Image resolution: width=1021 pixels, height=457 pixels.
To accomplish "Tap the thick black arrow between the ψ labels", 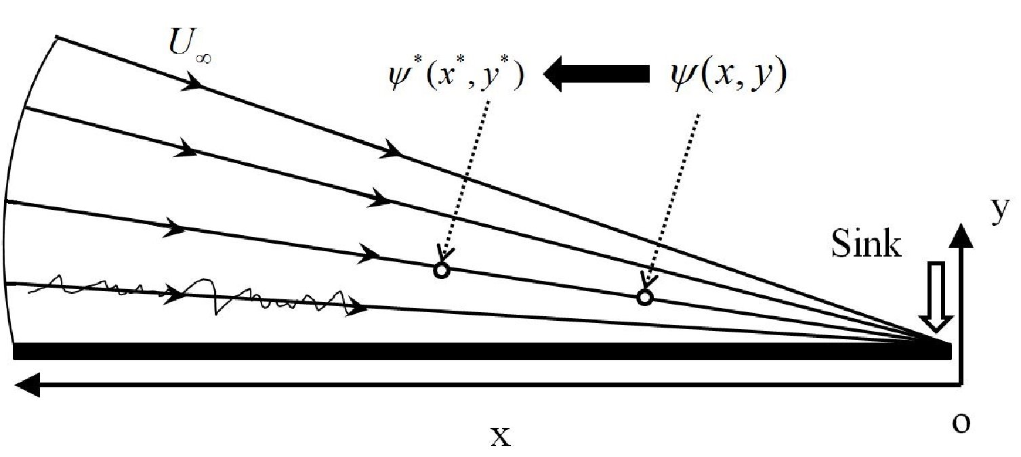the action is click(x=597, y=74).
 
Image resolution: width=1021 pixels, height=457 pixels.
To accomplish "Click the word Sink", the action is click(x=866, y=244).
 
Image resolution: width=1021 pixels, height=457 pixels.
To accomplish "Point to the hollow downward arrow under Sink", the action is click(x=936, y=297).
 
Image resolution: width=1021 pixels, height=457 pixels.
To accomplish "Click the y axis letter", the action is click(x=1001, y=211).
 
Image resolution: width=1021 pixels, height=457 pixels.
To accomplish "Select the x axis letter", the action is click(x=501, y=436).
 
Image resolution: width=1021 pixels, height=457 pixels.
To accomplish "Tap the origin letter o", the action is click(x=961, y=423).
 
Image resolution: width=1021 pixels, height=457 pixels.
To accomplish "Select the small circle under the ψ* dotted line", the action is click(x=441, y=270).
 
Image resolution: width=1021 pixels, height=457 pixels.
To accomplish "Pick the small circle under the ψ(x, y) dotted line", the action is click(x=644, y=297).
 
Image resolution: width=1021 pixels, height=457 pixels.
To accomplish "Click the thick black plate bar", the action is click(x=482, y=351).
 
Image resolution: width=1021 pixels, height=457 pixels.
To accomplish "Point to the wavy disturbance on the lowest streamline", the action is click(x=194, y=295).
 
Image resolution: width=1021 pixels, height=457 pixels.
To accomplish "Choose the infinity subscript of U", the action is click(x=203, y=58).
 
